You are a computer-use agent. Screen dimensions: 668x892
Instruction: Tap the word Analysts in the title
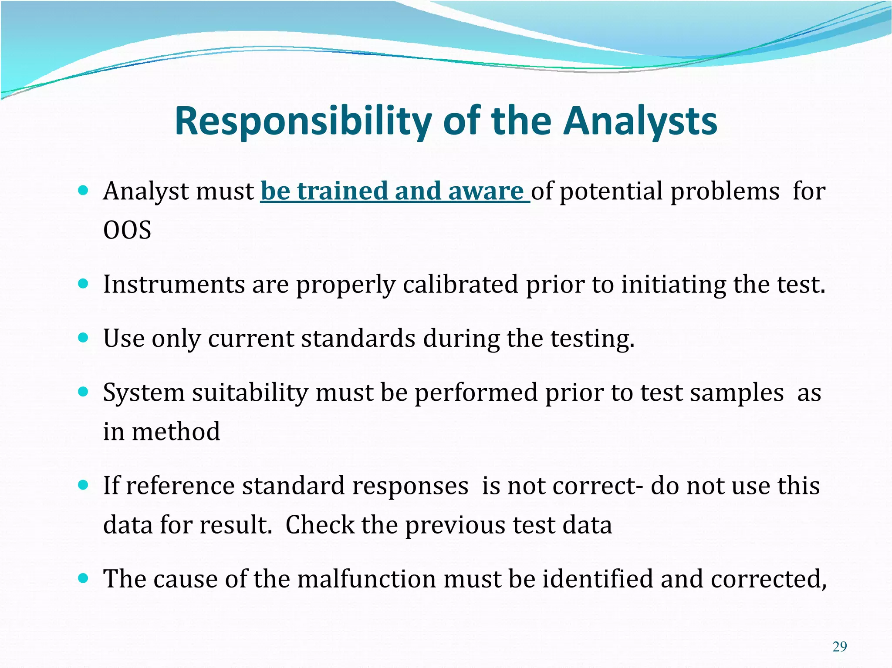coord(640,121)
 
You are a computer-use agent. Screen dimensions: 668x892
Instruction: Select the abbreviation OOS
coord(127,230)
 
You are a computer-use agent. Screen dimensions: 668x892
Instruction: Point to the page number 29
coord(839,647)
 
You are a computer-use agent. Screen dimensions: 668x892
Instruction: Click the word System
coord(144,393)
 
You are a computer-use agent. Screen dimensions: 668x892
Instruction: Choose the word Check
coord(319,525)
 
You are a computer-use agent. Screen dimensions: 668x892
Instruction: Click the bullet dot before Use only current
coord(83,338)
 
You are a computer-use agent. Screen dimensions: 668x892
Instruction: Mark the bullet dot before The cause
coord(83,578)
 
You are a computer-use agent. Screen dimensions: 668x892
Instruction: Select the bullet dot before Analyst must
coord(83,190)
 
